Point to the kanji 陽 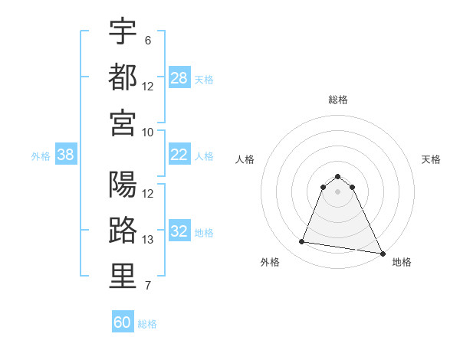[123, 185]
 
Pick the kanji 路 [123, 231]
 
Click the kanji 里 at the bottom [123, 277]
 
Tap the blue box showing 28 [179, 77]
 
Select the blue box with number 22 [179, 155]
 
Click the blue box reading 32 [179, 232]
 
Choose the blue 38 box [65, 155]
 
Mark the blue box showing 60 [123, 322]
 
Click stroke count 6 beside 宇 [148, 40]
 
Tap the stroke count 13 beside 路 [148, 241]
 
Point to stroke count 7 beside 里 [148, 286]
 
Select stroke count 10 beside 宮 [148, 132]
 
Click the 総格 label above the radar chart [338, 100]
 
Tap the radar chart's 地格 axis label [402, 262]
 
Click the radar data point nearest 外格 [302, 242]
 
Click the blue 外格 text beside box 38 [41, 155]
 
